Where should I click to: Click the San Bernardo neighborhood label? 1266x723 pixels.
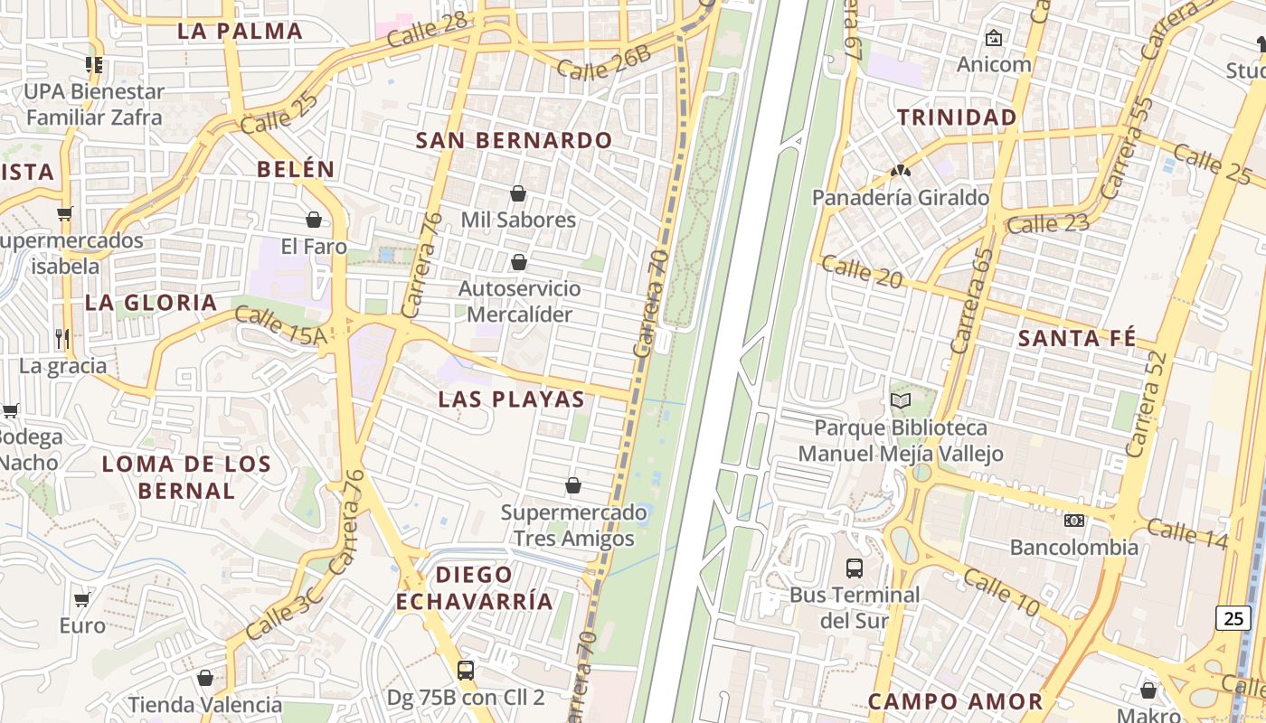pyautogui.click(x=514, y=141)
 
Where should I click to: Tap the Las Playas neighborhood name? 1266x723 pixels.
pyautogui.click(x=511, y=399)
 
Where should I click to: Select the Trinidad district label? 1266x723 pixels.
pyautogui.click(x=957, y=117)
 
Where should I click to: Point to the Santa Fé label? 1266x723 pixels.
pyautogui.click(x=1076, y=339)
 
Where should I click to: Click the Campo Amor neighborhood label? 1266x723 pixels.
pyautogui.click(x=955, y=701)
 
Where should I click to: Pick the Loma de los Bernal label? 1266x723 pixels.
pyautogui.click(x=186, y=477)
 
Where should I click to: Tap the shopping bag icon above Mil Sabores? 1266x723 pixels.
pyautogui.click(x=518, y=193)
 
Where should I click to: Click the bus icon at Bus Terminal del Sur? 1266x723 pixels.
pyautogui.click(x=855, y=568)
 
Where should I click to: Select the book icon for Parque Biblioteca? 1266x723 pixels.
pyautogui.click(x=900, y=400)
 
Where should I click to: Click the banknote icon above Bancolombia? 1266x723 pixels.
pyautogui.click(x=1074, y=521)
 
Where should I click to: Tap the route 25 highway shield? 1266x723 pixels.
pyautogui.click(x=1233, y=618)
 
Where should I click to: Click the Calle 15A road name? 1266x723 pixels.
pyautogui.click(x=279, y=324)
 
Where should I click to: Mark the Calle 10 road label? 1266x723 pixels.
pyautogui.click(x=1000, y=591)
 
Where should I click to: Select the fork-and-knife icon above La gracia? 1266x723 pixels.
pyautogui.click(x=62, y=339)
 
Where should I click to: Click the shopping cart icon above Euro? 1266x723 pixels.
pyautogui.click(x=82, y=599)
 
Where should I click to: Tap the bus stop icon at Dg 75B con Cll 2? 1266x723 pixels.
pyautogui.click(x=466, y=671)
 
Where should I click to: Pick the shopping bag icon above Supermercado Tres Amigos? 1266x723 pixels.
pyautogui.click(x=572, y=486)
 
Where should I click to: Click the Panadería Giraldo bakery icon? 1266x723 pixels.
pyautogui.click(x=900, y=170)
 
